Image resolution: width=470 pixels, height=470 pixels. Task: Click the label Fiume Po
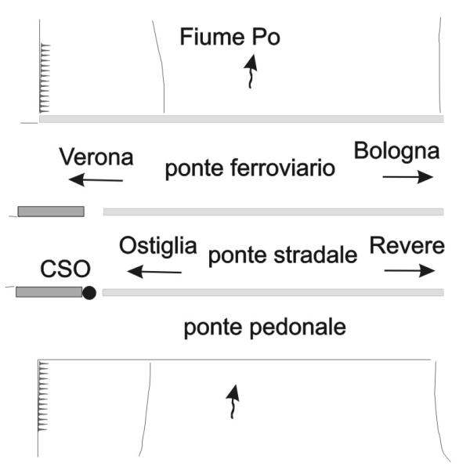tap(230, 38)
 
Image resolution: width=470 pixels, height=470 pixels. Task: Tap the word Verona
tap(96, 157)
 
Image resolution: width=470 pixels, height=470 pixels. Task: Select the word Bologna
tap(396, 150)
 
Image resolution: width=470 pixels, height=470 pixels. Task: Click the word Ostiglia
tap(158, 245)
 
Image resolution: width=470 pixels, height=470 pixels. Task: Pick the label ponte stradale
tap(282, 254)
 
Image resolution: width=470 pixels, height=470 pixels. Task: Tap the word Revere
tap(407, 245)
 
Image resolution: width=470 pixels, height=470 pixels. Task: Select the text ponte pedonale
tap(264, 327)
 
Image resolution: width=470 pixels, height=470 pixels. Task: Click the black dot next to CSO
tap(89, 293)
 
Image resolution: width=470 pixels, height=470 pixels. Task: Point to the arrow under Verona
tap(96, 181)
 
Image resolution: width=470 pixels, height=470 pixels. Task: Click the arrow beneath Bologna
tap(407, 177)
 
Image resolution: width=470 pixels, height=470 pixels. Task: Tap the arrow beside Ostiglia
tap(154, 272)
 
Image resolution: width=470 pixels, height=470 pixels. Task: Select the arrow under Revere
tap(409, 271)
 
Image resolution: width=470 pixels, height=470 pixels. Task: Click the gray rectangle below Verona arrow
tap(51, 211)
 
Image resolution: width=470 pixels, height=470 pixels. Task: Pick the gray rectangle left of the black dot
tap(49, 291)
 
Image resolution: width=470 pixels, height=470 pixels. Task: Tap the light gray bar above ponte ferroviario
tap(241, 119)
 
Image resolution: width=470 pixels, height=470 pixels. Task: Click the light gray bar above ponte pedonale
tap(273, 292)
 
